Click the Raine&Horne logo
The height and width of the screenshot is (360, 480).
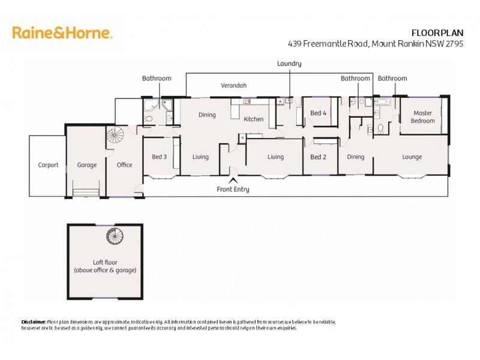coord(62,33)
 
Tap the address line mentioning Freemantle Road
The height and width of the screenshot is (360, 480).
coord(376,43)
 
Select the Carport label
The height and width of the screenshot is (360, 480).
coord(48,165)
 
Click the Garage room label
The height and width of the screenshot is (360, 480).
coord(86,165)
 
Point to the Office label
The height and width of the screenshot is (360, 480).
coord(124,165)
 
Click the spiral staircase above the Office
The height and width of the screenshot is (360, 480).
coord(115,135)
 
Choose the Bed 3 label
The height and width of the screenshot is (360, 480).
coord(159,157)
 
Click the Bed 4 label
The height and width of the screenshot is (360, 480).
coord(318,113)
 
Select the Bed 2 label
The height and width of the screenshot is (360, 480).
coord(318,157)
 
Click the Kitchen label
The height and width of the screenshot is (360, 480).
coord(253,119)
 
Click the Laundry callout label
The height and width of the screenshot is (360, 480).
coord(289,64)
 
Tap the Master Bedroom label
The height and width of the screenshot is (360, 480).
coord(422,117)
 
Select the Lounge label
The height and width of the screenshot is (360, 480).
coord(412,157)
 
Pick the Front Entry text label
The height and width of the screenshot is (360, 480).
coord(233,190)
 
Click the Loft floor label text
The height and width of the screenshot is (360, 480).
coord(104,266)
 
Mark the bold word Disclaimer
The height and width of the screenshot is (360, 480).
coord(34,322)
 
